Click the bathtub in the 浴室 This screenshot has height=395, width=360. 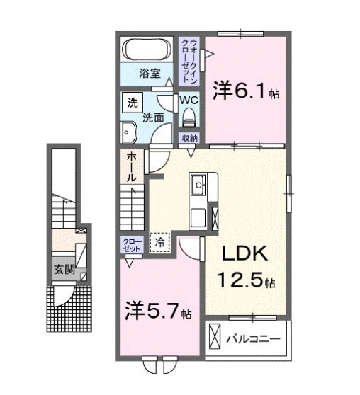point(147,50)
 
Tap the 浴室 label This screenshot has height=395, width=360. point(150,74)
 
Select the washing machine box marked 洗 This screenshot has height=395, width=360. point(133,102)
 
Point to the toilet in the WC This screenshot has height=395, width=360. point(189,117)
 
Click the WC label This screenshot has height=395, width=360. point(189,100)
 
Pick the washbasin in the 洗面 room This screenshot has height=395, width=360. point(129,132)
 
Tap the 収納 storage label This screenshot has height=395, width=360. point(189,138)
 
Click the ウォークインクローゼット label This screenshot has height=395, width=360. point(189,61)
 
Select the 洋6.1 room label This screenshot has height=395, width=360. point(246,91)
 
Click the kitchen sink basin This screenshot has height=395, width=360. point(198,185)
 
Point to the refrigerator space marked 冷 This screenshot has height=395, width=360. point(160,242)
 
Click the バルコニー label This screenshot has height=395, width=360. point(253,339)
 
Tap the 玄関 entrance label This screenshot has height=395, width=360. point(64,270)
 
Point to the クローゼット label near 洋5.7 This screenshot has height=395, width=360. point(132,245)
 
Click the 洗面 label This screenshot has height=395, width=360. point(153,118)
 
